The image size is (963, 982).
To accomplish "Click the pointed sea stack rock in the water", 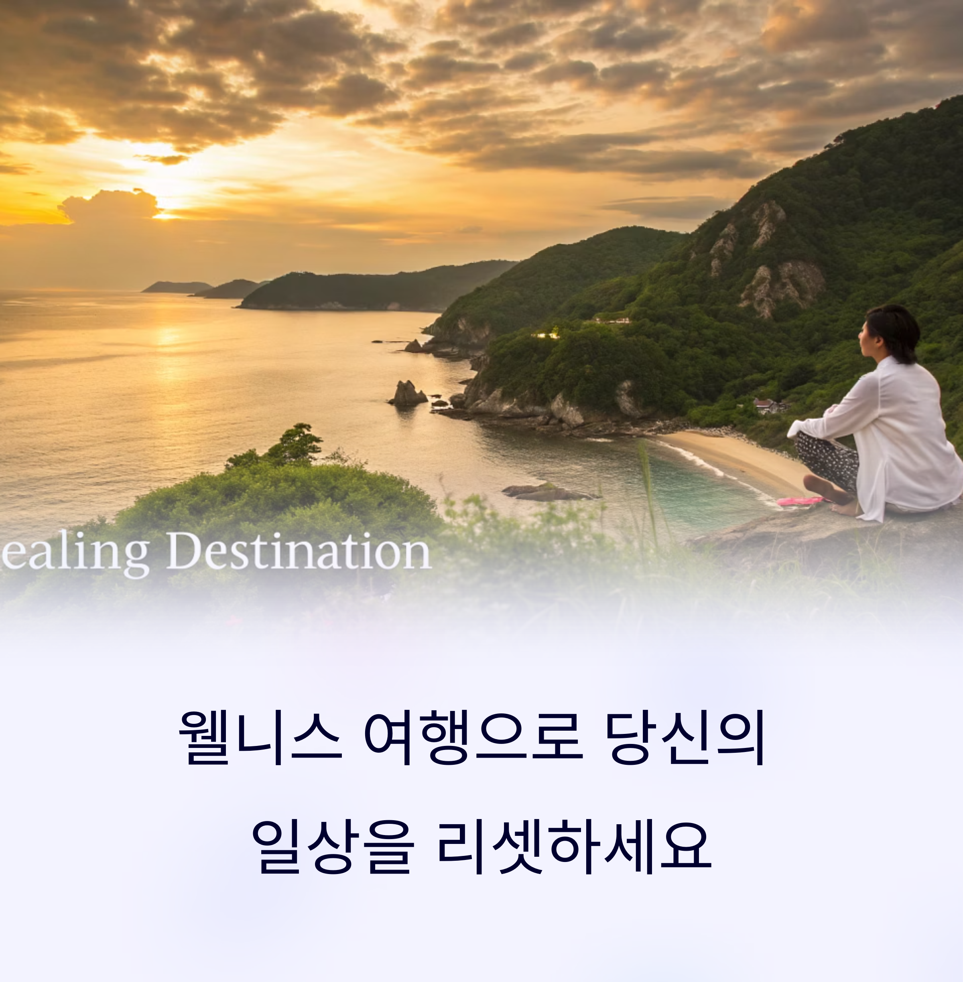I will [x=407, y=393].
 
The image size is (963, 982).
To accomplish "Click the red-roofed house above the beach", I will [x=767, y=405].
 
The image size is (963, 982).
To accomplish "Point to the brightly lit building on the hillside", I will [x=546, y=334].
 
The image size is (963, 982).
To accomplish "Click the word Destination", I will [x=299, y=552].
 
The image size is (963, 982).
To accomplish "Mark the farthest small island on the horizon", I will [x=177, y=287].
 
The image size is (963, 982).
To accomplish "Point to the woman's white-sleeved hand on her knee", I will [x=796, y=430].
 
